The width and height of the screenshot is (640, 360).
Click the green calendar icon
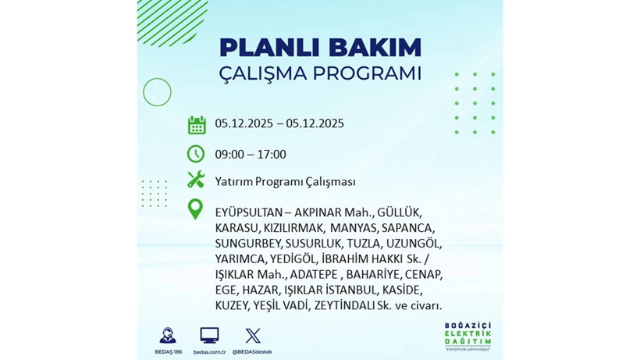tap(196, 124)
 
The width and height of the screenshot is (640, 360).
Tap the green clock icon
tap(196, 154)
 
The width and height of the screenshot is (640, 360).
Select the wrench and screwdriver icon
tap(196, 180)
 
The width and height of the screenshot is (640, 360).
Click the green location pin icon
tap(196, 209)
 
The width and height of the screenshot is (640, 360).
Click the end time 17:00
tap(271, 155)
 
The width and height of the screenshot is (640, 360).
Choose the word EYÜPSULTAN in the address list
tap(249, 212)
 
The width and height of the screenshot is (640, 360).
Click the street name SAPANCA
tap(406, 228)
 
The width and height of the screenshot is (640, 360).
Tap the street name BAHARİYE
tap(374, 275)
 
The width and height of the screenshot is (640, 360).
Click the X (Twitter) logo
tap(253, 336)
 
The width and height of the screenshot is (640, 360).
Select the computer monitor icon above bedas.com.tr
tap(209, 336)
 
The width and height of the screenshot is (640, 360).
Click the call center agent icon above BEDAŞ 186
tap(167, 336)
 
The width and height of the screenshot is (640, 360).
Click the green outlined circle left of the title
tap(157, 93)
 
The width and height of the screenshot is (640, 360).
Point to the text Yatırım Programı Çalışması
tap(285, 181)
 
